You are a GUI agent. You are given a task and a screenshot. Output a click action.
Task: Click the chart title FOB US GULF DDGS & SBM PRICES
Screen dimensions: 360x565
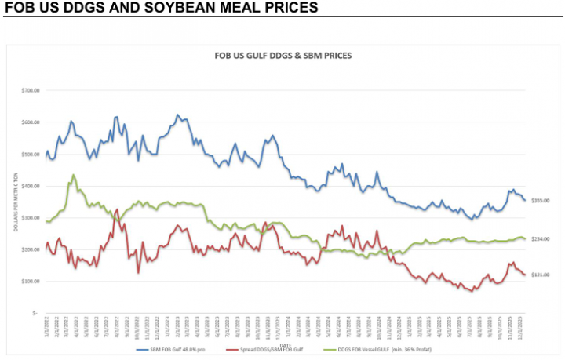coord(282,56)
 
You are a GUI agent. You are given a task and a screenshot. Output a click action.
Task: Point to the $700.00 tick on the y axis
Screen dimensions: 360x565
coord(30,91)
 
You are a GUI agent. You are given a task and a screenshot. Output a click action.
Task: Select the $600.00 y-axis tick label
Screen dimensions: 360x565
coord(30,122)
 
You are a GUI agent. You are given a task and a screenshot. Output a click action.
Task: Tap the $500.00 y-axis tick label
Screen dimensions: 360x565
coord(30,155)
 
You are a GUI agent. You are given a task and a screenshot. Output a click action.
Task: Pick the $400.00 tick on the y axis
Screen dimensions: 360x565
coord(30,186)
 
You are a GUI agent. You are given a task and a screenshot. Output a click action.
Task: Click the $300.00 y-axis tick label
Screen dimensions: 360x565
coord(30,218)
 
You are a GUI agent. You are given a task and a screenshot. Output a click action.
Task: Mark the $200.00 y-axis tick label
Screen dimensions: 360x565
coord(30,249)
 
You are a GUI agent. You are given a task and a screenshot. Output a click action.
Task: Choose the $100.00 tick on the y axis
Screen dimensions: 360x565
coord(30,281)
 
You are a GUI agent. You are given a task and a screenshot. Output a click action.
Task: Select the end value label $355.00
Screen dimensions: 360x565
coord(540,201)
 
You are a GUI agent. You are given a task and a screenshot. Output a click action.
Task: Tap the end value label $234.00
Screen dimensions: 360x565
coord(540,238)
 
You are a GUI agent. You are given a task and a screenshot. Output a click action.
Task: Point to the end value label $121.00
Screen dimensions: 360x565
coord(540,275)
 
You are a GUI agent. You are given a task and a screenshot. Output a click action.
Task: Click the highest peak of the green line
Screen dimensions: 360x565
coord(73,175)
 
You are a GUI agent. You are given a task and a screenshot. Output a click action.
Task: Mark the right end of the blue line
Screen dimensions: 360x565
coord(525,200)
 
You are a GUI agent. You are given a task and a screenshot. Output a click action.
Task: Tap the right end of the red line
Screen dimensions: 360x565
coord(525,275)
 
